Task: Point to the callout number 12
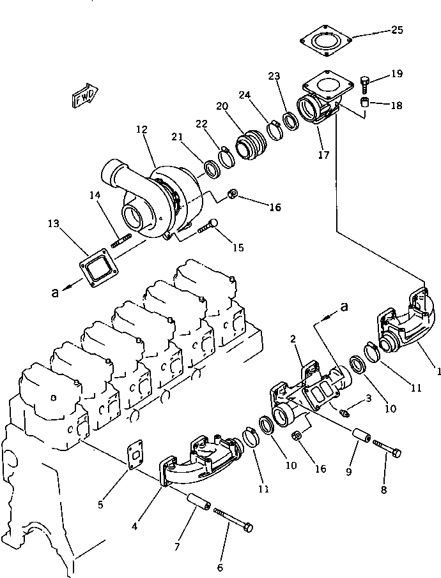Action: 141,130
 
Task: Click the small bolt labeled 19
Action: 365,82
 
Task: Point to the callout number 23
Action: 274,75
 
